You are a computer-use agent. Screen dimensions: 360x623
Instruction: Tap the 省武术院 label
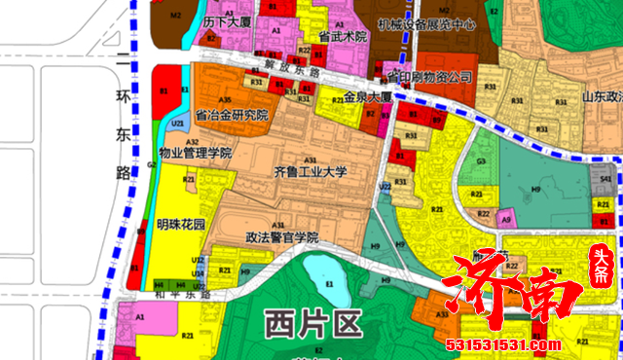[x=342, y=36]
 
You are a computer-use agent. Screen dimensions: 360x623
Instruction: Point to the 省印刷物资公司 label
[x=429, y=76]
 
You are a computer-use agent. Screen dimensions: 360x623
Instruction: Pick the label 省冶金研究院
[x=231, y=114]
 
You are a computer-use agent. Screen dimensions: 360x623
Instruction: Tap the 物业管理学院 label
[x=196, y=153]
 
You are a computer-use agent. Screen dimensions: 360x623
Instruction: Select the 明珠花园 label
[x=181, y=224]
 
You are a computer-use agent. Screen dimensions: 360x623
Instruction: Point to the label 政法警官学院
[x=282, y=236]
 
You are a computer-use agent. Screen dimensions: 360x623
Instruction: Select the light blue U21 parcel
[x=178, y=125]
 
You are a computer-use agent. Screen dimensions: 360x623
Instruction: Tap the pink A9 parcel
[x=505, y=220]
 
